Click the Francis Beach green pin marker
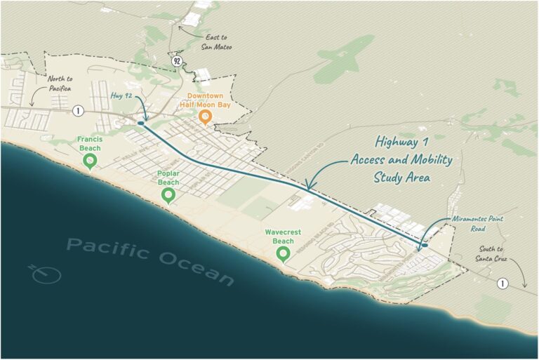pos(90,161)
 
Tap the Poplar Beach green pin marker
pos(168,194)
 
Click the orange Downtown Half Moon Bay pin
pos(205,116)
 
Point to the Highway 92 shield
pos(178,61)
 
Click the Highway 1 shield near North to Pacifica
pos(77,110)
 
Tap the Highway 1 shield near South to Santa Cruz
pos(502,284)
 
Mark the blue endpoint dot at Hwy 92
pos(141,124)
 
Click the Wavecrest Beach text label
pos(284,236)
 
